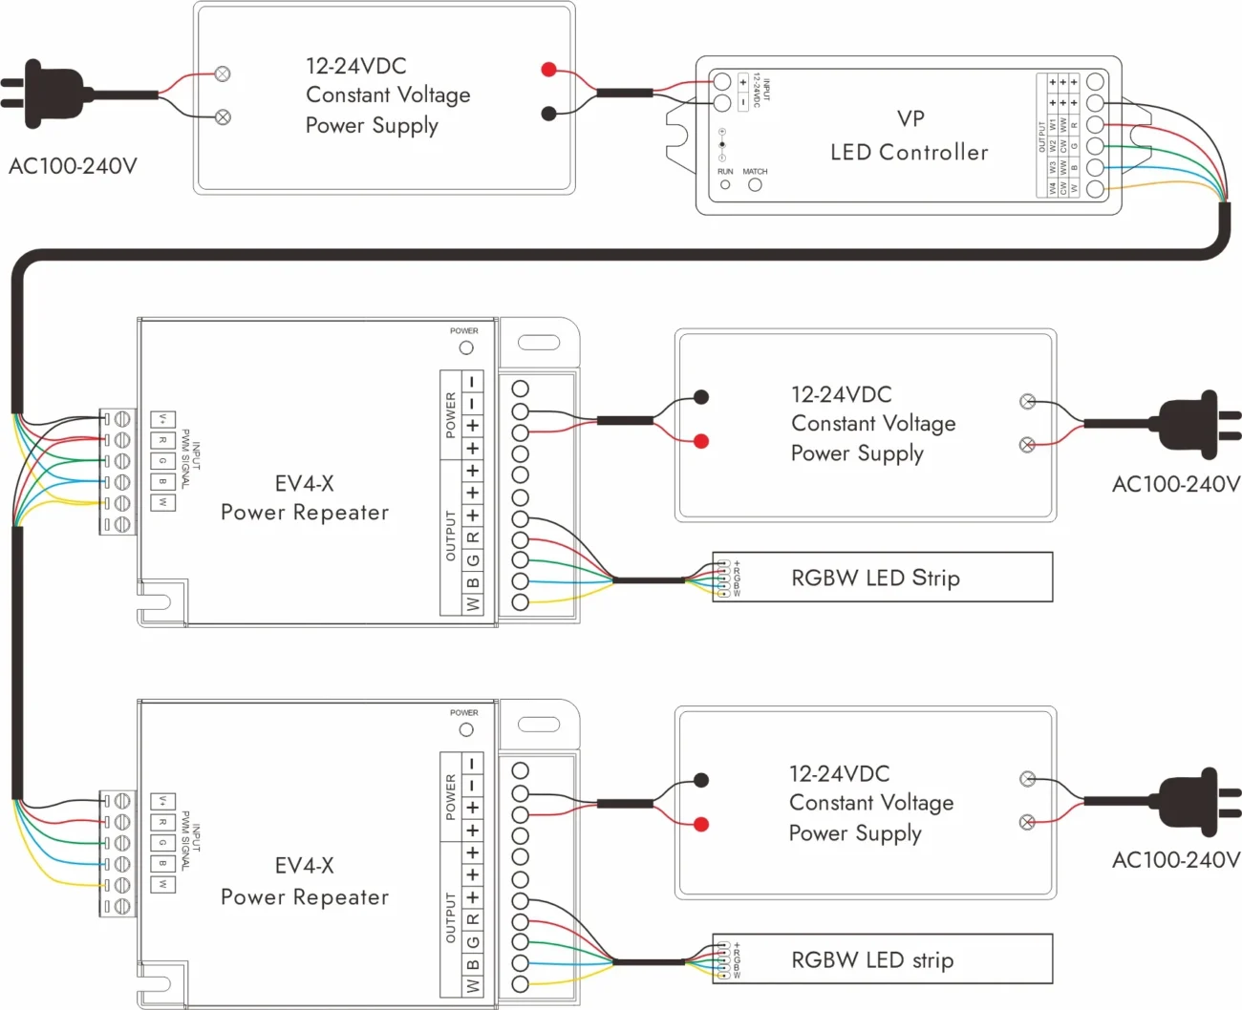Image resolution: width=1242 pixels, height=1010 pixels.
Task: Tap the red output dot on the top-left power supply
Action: tap(548, 69)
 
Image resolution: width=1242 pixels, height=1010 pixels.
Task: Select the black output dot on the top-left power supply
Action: tap(548, 114)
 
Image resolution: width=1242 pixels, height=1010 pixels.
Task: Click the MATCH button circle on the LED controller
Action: tap(755, 185)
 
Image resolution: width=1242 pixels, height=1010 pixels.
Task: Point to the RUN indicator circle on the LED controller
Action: tap(725, 185)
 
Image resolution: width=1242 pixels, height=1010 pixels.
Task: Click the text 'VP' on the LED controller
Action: tap(910, 119)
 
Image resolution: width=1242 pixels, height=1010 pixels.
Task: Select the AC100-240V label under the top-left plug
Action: tap(73, 166)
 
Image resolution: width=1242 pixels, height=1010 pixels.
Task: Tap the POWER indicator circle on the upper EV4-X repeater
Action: tap(466, 347)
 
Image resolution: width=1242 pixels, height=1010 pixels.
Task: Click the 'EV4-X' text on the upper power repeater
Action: tap(304, 484)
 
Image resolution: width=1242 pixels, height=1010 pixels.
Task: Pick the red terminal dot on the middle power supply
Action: tap(701, 441)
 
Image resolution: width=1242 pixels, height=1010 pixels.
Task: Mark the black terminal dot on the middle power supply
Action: tap(701, 397)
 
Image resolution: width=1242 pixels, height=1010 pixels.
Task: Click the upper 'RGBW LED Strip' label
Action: tap(875, 578)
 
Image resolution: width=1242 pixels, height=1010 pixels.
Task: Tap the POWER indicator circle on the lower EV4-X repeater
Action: tap(466, 729)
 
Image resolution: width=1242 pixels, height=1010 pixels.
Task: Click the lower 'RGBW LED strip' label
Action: tap(872, 960)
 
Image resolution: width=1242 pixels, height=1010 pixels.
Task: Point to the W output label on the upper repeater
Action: tap(472, 604)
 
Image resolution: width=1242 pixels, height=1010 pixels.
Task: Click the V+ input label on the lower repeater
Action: tap(162, 801)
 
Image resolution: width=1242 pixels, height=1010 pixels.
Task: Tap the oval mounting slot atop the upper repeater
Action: tap(538, 343)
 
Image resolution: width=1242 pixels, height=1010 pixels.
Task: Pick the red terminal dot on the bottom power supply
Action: tap(701, 824)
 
